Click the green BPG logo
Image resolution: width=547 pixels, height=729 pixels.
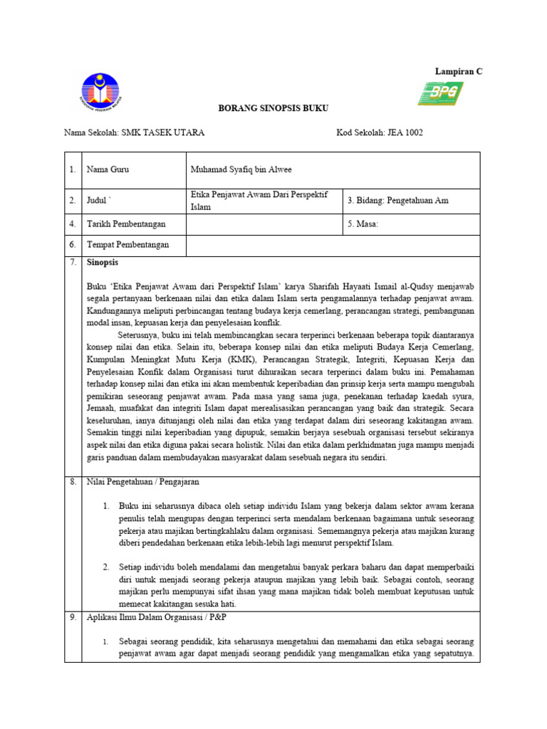pyautogui.click(x=441, y=93)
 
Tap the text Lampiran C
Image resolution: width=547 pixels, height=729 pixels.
pyautogui.click(x=458, y=71)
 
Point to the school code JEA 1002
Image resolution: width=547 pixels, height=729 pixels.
pyautogui.click(x=405, y=133)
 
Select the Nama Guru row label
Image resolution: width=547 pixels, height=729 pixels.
pyautogui.click(x=108, y=169)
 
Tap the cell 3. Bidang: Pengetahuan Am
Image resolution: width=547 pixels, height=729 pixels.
pyautogui.click(x=398, y=201)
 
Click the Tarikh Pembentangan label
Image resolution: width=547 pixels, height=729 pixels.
pyautogui.click(x=126, y=224)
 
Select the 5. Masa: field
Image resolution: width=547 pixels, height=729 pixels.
pyautogui.click(x=363, y=224)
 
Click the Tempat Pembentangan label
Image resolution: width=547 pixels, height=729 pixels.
pyautogui.click(x=127, y=245)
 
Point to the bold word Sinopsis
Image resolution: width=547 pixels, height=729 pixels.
pyautogui.click(x=102, y=263)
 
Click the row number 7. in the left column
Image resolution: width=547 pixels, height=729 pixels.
pyautogui.click(x=72, y=263)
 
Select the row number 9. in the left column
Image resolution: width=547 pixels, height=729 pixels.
pyautogui.click(x=72, y=617)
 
